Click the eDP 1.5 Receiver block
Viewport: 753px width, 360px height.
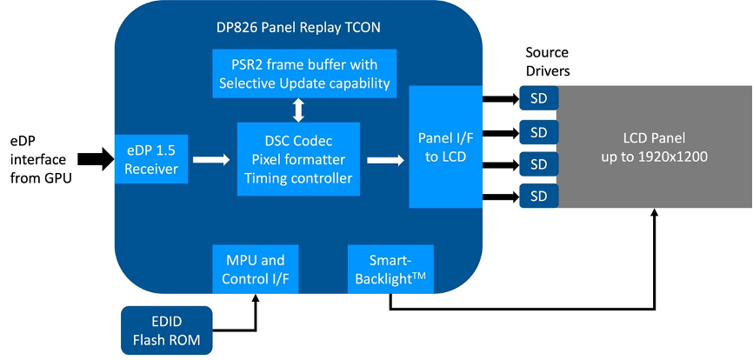click(x=151, y=159)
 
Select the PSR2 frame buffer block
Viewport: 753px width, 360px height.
click(x=304, y=73)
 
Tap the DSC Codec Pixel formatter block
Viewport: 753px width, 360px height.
click(x=298, y=159)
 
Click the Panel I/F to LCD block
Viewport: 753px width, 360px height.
click(x=445, y=147)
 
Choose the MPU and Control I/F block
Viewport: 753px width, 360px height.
click(x=256, y=269)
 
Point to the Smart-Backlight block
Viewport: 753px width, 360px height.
click(x=390, y=269)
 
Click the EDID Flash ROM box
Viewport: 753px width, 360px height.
click(x=167, y=330)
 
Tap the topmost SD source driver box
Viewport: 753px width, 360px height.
click(x=539, y=98)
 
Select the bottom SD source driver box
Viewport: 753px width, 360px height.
click(x=539, y=196)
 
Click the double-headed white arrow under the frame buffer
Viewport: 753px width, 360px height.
click(x=299, y=110)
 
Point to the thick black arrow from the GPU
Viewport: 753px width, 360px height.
click(x=96, y=159)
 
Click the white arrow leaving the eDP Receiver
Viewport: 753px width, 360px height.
click(x=211, y=159)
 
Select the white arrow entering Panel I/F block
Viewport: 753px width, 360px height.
click(x=385, y=159)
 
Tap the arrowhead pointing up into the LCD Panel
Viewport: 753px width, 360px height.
click(x=654, y=213)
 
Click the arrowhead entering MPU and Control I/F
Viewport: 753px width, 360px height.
click(x=256, y=298)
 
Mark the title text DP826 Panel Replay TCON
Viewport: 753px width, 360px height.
click(x=298, y=27)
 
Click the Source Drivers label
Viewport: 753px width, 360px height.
click(x=547, y=62)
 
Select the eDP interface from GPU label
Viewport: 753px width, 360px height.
click(x=41, y=159)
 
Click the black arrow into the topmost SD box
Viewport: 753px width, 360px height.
click(x=501, y=98)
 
